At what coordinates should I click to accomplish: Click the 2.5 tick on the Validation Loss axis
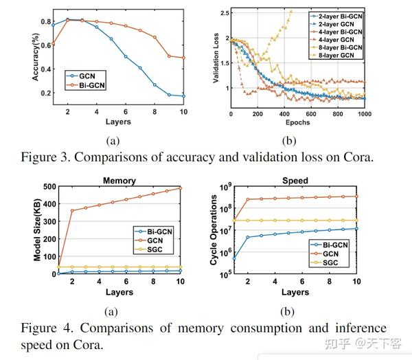(x=223, y=13)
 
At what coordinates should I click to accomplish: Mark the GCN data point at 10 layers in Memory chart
(x=180, y=188)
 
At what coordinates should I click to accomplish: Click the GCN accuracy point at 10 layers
(x=183, y=96)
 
